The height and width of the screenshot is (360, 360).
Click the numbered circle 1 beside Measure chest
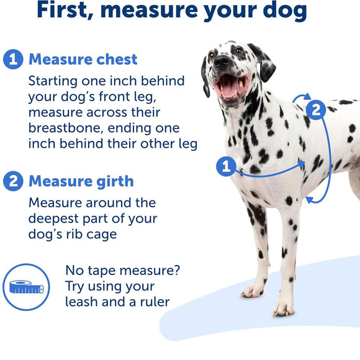pos(14,60)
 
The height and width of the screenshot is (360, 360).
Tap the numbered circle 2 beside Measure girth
pos(14,181)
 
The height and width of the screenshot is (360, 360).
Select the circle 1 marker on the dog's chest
pos(225,166)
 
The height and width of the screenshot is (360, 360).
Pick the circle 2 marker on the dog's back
pos(316,110)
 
